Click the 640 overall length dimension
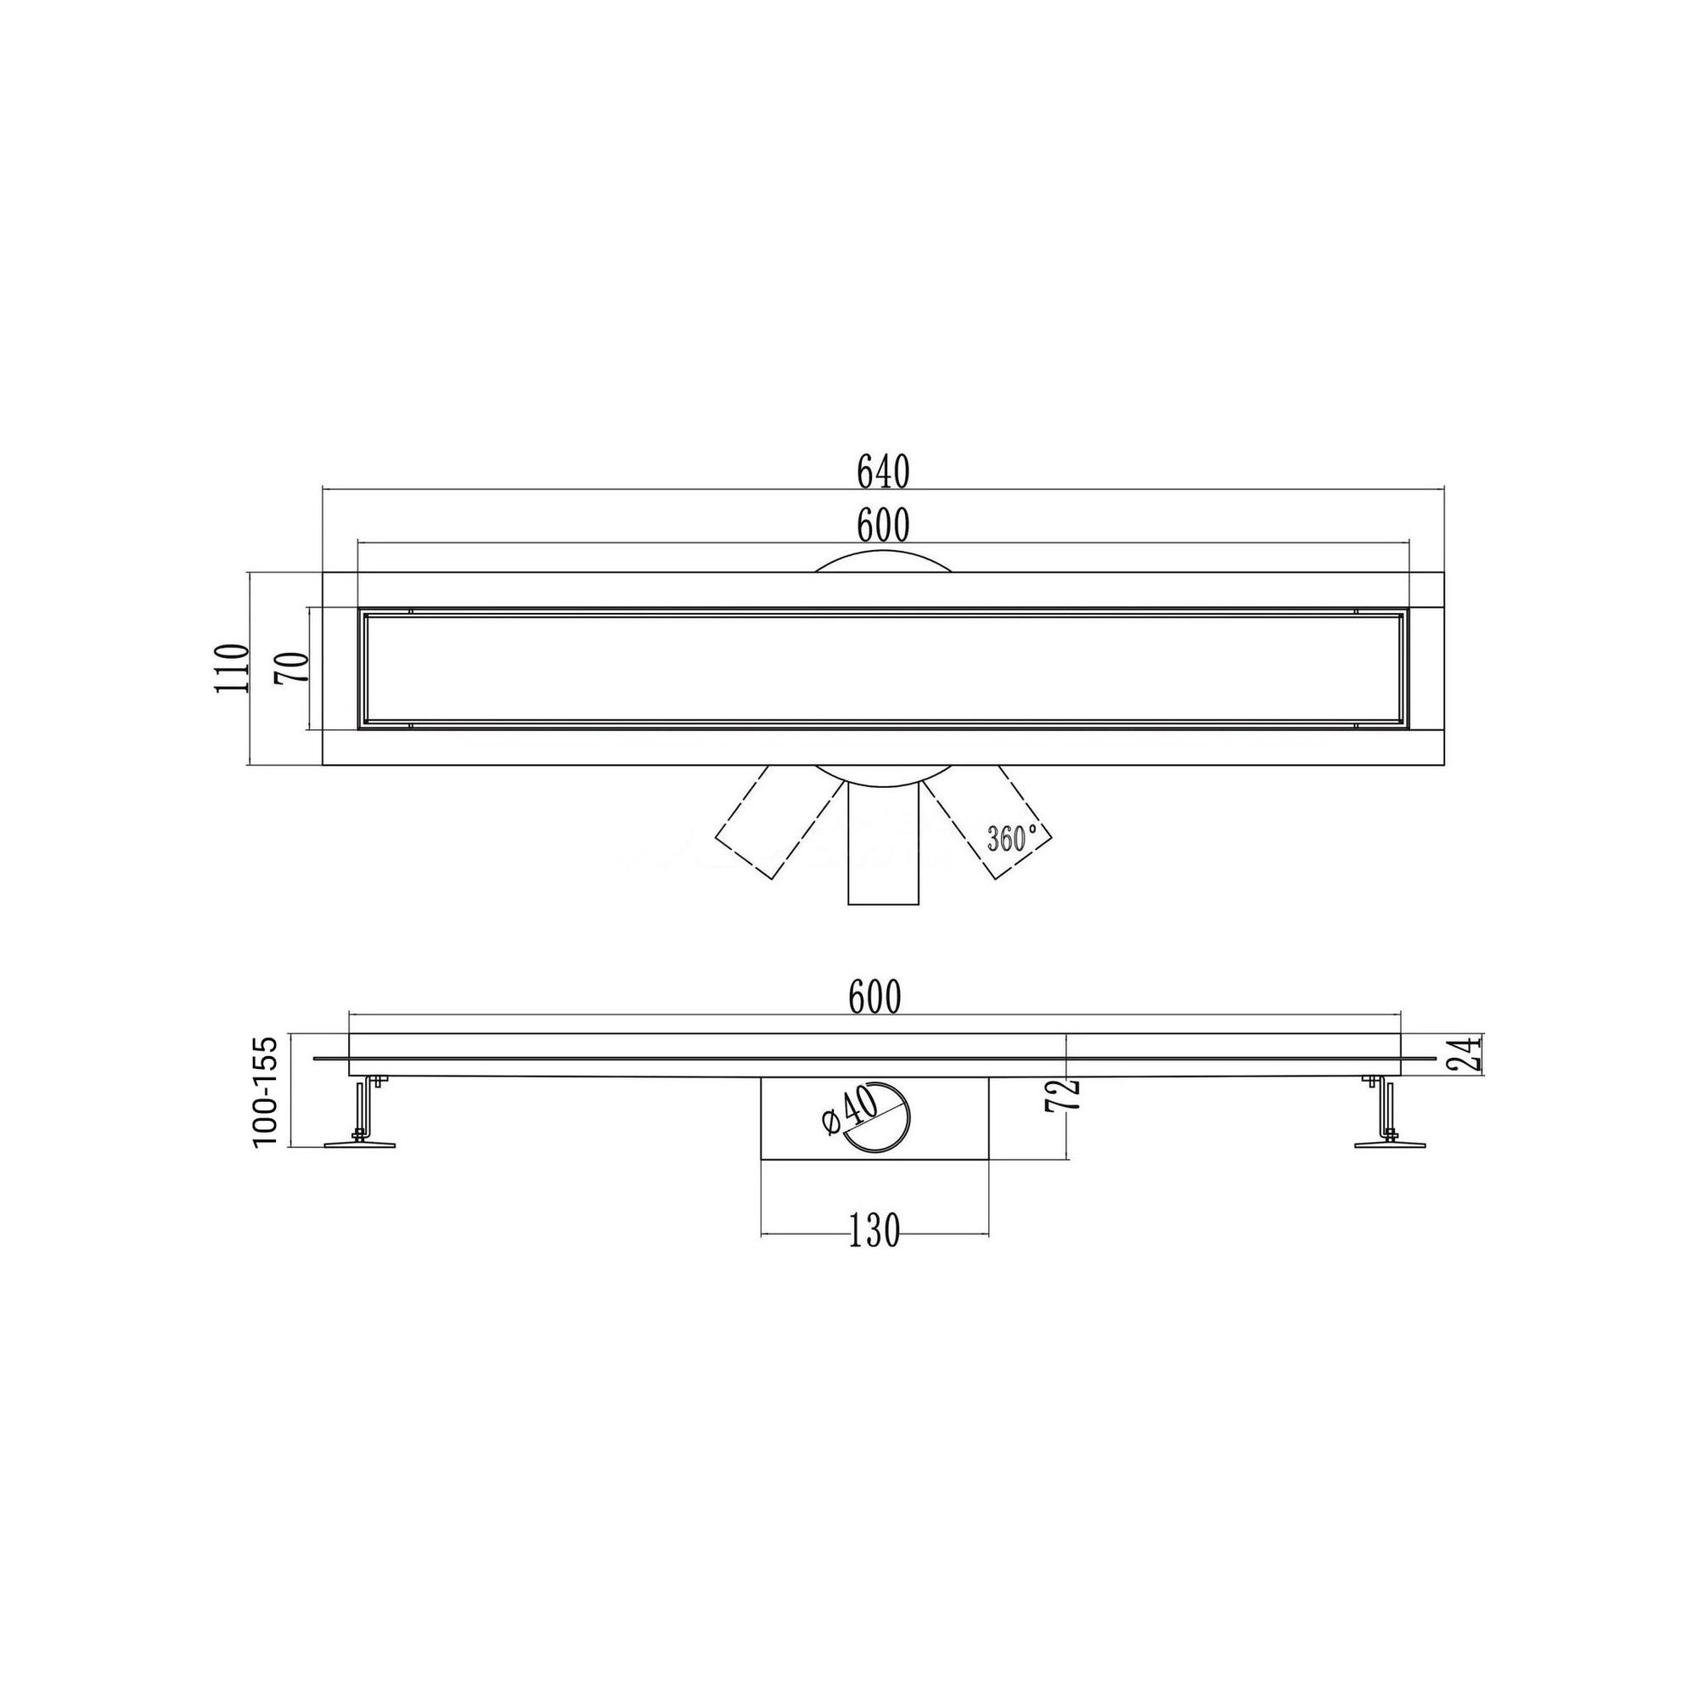(x=883, y=473)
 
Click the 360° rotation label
(x=1012, y=839)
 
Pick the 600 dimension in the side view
(x=875, y=998)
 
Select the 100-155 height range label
(x=265, y=1091)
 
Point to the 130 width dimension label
(x=875, y=1231)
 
